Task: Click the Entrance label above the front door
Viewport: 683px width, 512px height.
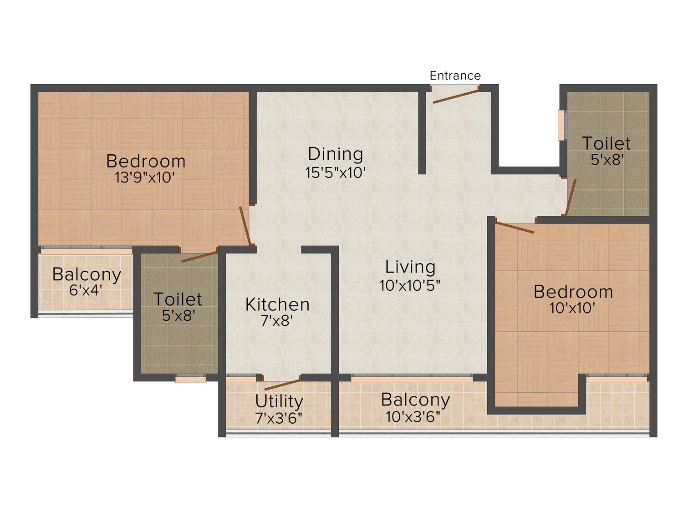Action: coord(455,76)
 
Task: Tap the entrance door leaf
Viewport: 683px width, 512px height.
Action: coord(456,96)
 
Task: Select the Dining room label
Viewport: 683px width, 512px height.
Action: coord(336,154)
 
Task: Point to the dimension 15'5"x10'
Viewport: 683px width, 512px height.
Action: coord(336,172)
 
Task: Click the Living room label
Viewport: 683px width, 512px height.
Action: coord(410,267)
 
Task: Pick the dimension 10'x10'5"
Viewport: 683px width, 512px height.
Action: coord(410,285)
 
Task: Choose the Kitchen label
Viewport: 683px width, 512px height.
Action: coord(277,304)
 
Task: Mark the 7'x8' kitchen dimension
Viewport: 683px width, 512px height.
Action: coord(277,321)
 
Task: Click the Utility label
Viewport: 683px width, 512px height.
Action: coord(279,401)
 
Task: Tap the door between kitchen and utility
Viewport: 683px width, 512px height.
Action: coord(283,385)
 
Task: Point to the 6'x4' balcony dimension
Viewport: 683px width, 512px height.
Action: coord(86,290)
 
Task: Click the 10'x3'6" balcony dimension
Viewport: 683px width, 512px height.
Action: coord(413,417)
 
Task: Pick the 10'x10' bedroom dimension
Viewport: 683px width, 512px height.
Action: coord(572,308)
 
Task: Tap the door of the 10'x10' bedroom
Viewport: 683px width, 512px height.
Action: coord(515,227)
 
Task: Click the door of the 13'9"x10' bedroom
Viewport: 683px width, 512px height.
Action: coord(245,226)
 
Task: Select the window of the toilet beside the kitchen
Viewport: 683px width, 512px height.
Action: coord(190,380)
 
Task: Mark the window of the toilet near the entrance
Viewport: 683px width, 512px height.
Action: coord(561,125)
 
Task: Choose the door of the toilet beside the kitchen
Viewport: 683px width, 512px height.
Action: coord(200,257)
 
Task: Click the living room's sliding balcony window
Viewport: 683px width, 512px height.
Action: coord(412,379)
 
